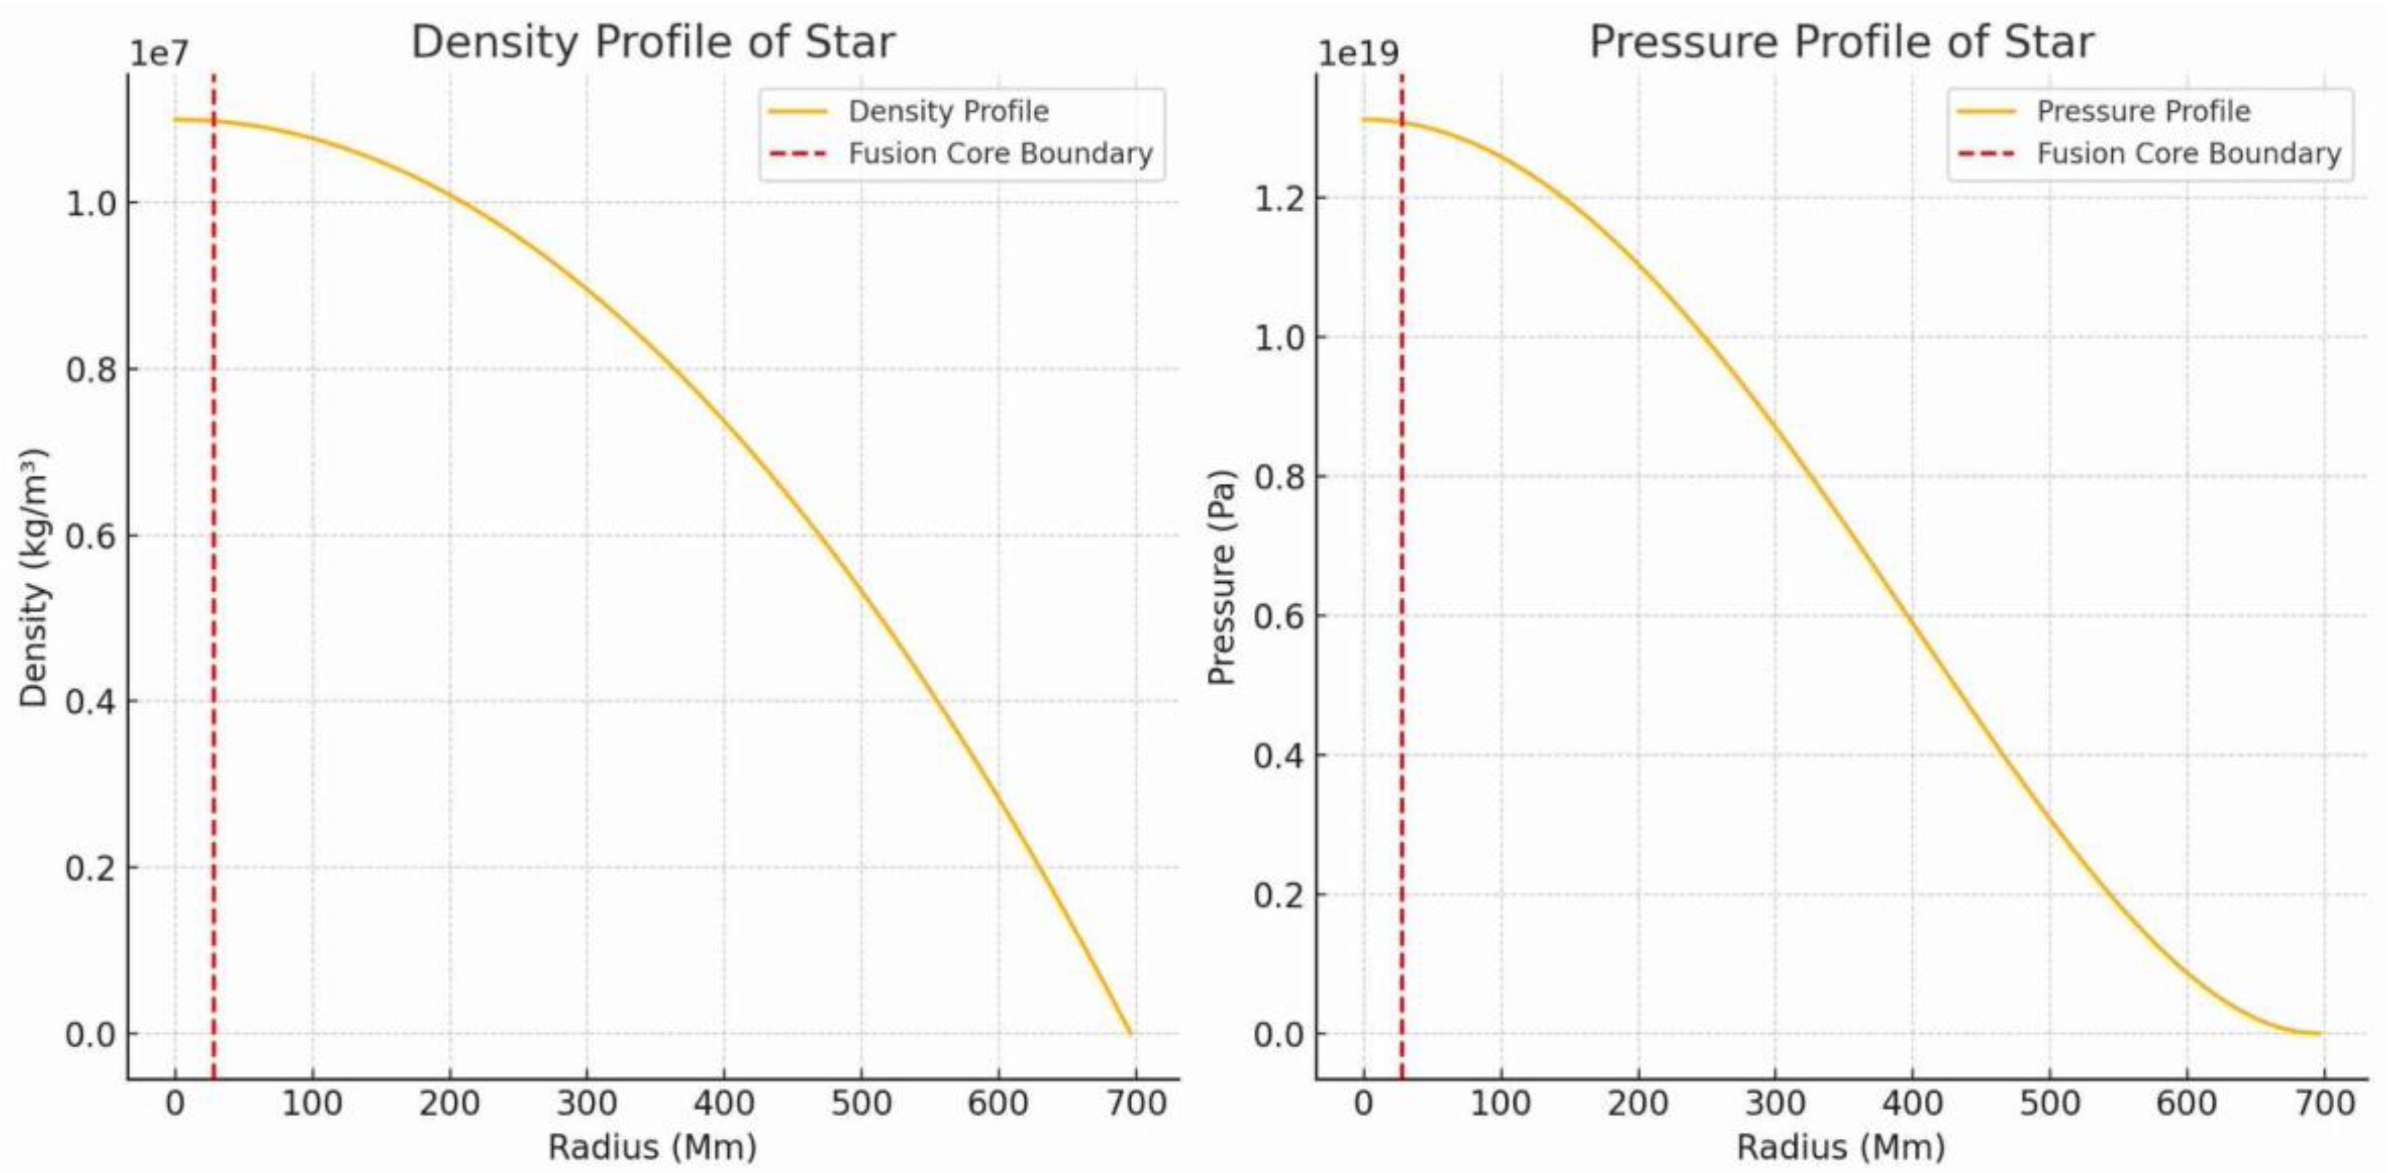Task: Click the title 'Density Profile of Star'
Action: [x=653, y=42]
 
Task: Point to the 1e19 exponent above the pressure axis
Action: [x=1358, y=54]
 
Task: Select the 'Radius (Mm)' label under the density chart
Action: [x=653, y=1147]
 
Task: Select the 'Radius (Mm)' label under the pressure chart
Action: [x=1841, y=1147]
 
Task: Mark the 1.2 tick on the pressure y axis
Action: [x=1279, y=199]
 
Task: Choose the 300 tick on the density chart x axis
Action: [x=587, y=1104]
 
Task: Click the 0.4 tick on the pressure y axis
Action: [x=1279, y=756]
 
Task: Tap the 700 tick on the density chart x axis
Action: [x=1135, y=1104]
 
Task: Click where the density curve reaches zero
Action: [x=1130, y=1033]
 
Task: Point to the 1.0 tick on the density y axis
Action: [x=91, y=203]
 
